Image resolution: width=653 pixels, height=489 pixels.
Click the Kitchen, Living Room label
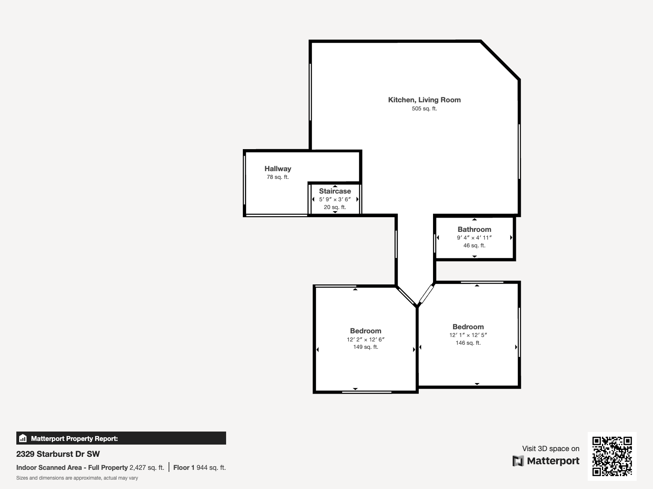(x=424, y=100)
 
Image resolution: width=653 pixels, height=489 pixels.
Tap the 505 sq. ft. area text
(x=424, y=109)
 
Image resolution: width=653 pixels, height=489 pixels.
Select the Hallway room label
(x=278, y=169)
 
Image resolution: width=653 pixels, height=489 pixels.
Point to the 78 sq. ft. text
(x=278, y=177)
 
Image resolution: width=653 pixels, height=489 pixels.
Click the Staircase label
(x=335, y=191)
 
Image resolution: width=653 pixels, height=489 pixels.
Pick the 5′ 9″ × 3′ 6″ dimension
(x=335, y=199)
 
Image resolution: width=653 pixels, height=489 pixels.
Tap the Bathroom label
(x=474, y=229)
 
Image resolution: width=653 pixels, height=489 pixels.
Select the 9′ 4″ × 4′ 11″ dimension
(x=474, y=238)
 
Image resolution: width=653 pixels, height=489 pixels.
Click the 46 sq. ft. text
(x=474, y=246)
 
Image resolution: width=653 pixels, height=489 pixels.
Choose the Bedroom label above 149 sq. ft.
(x=365, y=331)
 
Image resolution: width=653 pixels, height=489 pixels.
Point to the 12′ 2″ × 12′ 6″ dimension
(x=365, y=339)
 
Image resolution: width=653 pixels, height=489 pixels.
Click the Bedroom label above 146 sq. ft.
(x=468, y=327)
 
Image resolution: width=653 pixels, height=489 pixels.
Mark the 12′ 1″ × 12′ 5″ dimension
(x=468, y=335)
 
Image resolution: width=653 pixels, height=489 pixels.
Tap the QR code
(x=612, y=456)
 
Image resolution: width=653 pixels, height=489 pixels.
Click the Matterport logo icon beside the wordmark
(x=518, y=461)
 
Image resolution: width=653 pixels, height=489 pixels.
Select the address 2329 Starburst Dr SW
(x=58, y=454)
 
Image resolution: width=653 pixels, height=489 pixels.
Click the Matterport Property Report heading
(x=74, y=438)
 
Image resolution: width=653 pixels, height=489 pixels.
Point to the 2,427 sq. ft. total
(x=147, y=467)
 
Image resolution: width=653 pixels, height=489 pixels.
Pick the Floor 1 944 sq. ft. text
(x=199, y=467)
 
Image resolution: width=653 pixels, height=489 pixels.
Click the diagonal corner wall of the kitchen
(x=500, y=60)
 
